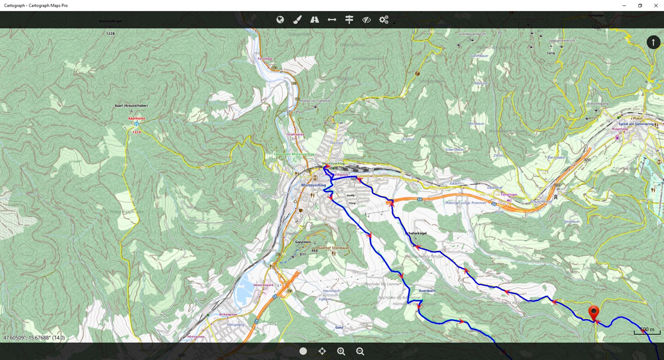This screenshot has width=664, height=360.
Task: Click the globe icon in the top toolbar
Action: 280,19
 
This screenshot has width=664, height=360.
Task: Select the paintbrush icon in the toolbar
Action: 297,19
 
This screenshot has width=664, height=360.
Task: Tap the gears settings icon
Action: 383,19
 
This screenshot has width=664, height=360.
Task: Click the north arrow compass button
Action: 653,42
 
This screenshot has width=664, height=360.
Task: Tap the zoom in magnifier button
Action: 341,351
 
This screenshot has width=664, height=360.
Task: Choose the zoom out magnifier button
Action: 360,351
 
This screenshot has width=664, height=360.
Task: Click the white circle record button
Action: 303,351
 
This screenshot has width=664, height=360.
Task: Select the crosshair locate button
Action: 322,351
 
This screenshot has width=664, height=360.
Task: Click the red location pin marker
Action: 593,313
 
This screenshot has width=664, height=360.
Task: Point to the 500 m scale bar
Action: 647,331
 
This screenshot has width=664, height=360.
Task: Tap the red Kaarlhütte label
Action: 136,118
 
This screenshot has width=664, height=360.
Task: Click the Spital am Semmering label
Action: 636,124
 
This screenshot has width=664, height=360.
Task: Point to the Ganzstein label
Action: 303,242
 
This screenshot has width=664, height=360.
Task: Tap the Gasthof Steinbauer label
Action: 334,247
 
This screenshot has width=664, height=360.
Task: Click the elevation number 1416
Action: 551,53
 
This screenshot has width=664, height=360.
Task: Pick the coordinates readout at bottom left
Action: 34,338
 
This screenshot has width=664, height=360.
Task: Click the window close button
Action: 656,5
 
